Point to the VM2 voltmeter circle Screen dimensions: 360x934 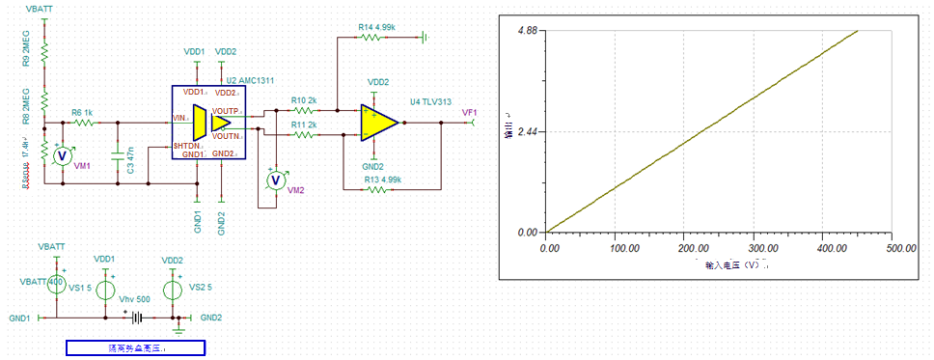pyautogui.click(x=276, y=180)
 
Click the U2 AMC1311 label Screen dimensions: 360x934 pyautogui.click(x=246, y=79)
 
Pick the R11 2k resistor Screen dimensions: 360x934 pyautogui.click(x=305, y=135)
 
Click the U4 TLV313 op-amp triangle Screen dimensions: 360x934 pyautogui.click(x=378, y=123)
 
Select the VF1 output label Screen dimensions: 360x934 pyautogui.click(x=470, y=113)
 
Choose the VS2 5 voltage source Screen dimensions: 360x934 pyautogui.click(x=174, y=288)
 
